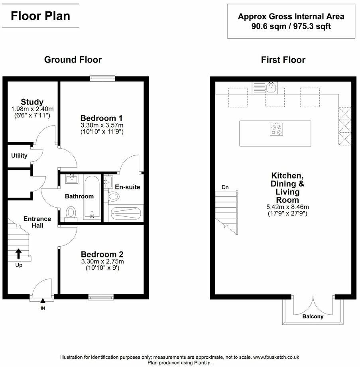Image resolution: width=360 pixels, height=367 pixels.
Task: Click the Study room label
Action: point(32,102)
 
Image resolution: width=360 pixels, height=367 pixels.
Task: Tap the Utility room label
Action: point(19,156)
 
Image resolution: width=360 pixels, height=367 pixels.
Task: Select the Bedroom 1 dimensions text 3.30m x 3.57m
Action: point(101,125)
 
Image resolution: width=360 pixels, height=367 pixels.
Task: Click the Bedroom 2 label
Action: point(102,254)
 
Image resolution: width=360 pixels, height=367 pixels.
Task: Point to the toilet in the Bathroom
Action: point(71,212)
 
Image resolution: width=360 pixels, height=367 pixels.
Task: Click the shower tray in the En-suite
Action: point(126,213)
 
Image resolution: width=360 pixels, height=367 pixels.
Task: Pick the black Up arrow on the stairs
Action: point(18,253)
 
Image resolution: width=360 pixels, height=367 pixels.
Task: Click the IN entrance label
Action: point(43,308)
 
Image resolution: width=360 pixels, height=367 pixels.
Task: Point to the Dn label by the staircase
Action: point(225,187)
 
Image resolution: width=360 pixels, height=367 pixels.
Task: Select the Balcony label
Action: point(313,317)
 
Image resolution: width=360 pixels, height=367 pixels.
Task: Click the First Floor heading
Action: point(283,60)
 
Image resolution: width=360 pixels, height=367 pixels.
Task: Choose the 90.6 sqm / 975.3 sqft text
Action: point(291,27)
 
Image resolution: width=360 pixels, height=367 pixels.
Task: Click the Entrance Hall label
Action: point(37,222)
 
